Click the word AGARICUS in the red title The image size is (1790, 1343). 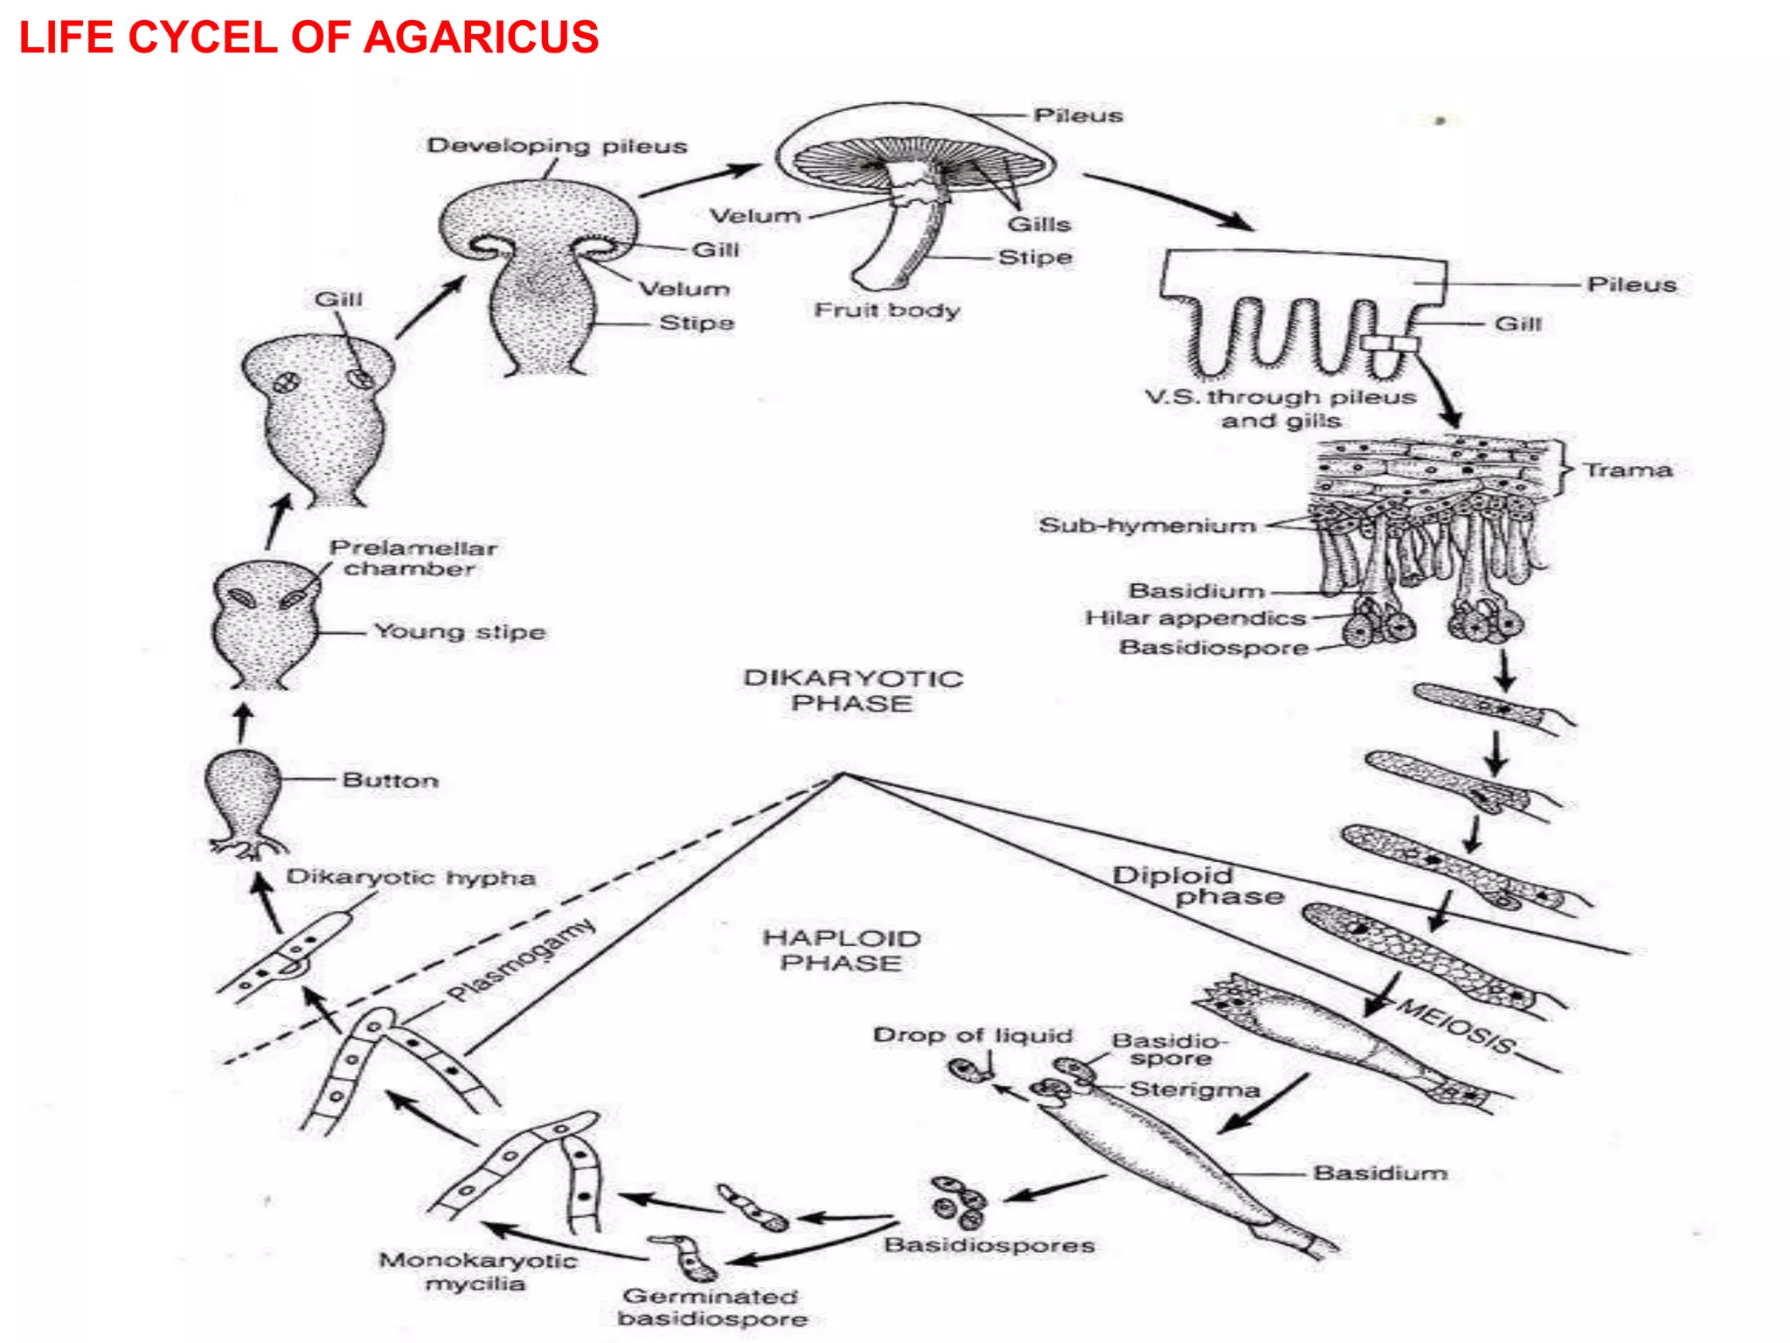[x=481, y=38]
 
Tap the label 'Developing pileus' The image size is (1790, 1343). [x=557, y=146]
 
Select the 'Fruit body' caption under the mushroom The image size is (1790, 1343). [x=886, y=310]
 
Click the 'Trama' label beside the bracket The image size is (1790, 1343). [x=1627, y=470]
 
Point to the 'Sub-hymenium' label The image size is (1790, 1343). [x=1147, y=525]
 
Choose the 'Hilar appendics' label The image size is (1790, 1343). [x=1195, y=618]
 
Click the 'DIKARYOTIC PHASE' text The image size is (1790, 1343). [x=853, y=691]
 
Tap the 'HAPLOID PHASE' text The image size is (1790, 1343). [x=842, y=950]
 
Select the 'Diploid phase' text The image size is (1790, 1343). [x=1197, y=886]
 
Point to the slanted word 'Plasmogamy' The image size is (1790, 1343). [x=521, y=960]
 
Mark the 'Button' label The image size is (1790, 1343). [x=390, y=780]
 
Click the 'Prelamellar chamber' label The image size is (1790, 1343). [x=413, y=558]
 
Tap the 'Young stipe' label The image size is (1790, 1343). [x=460, y=631]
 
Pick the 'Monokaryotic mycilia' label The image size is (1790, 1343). [x=477, y=1271]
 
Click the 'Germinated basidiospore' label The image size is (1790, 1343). [x=711, y=1307]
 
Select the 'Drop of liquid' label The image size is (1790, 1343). [x=972, y=1035]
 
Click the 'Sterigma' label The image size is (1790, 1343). [x=1194, y=1089]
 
